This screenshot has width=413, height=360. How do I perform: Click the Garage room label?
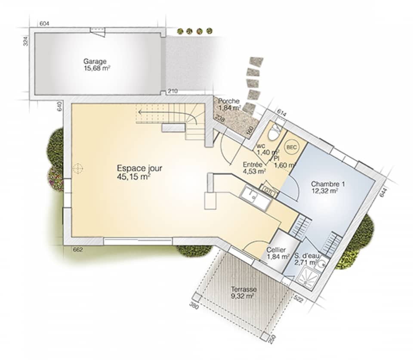[95, 61]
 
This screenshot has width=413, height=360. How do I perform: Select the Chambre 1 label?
[328, 184]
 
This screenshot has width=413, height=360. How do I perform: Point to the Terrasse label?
[243, 289]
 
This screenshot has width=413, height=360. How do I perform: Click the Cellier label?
[276, 250]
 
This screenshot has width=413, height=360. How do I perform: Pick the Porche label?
[229, 101]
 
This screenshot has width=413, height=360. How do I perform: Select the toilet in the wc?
[273, 134]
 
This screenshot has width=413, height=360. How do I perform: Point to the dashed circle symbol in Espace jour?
[78, 168]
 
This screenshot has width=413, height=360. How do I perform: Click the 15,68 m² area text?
[95, 68]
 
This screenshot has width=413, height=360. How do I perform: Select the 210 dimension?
[173, 91]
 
